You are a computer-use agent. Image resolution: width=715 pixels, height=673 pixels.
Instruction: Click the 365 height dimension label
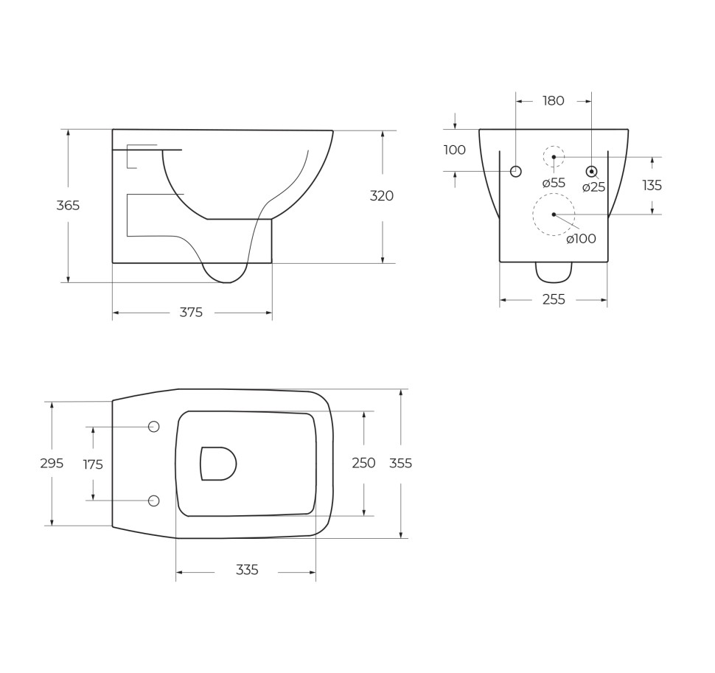pyautogui.click(x=68, y=206)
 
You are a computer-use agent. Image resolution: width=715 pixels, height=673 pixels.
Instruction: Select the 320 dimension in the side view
pyautogui.click(x=382, y=196)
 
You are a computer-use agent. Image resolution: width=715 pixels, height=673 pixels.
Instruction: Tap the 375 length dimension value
pyautogui.click(x=191, y=313)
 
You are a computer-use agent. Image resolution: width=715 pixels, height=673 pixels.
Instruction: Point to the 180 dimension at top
pyautogui.click(x=553, y=101)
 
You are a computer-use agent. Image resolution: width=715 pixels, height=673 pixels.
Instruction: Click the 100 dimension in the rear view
pyautogui.click(x=454, y=150)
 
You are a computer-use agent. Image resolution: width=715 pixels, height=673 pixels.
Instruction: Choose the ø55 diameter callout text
pyautogui.click(x=554, y=184)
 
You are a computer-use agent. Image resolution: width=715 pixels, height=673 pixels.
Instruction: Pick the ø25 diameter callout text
pyautogui.click(x=593, y=187)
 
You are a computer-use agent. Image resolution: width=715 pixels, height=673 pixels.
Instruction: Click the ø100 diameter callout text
pyautogui.click(x=581, y=239)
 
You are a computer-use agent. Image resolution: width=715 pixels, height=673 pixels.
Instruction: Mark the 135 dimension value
pyautogui.click(x=652, y=186)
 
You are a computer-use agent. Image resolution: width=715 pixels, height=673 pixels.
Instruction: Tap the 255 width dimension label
pyautogui.click(x=554, y=299)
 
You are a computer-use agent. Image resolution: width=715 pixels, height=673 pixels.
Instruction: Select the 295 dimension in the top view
pyautogui.click(x=52, y=464)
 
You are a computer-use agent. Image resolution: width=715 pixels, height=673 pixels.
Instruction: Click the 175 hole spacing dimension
pyautogui.click(x=93, y=464)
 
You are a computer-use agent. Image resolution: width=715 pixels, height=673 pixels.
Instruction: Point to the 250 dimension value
pyautogui.click(x=363, y=463)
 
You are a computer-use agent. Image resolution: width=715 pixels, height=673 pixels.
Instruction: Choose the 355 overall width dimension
pyautogui.click(x=400, y=464)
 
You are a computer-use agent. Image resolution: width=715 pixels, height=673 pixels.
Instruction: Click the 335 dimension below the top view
pyautogui.click(x=247, y=571)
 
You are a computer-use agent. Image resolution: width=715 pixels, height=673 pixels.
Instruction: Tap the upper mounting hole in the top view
pyautogui.click(x=154, y=427)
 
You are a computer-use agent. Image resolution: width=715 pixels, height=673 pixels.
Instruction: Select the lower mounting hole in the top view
pyautogui.click(x=154, y=501)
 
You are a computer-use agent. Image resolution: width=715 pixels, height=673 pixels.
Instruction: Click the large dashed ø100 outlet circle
pyautogui.click(x=554, y=215)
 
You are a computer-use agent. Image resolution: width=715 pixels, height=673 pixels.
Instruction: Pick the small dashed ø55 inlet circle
pyautogui.click(x=554, y=156)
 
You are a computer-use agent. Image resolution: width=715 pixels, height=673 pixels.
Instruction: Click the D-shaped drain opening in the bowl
pyautogui.click(x=217, y=464)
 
